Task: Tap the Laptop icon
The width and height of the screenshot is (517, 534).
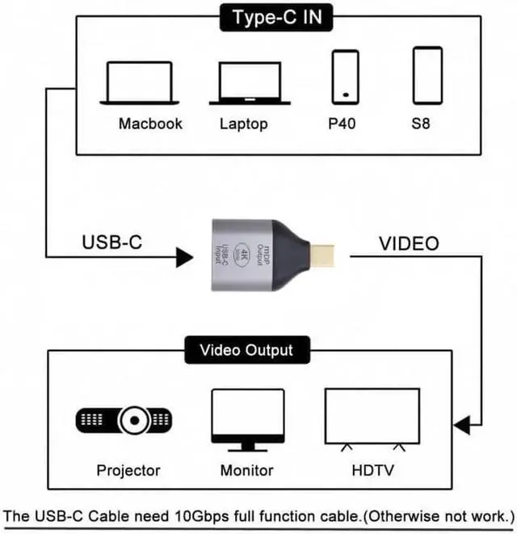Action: point(250,83)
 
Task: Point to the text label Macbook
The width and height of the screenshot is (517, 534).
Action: point(150,124)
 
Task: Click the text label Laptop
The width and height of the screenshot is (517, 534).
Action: point(243,124)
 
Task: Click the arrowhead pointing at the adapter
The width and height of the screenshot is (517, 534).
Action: point(184,258)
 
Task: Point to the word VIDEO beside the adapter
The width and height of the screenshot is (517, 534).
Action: point(409,243)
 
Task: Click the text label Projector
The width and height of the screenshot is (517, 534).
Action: point(128,470)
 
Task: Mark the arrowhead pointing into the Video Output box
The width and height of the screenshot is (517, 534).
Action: point(461,424)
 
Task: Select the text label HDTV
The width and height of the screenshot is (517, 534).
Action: point(373,470)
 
